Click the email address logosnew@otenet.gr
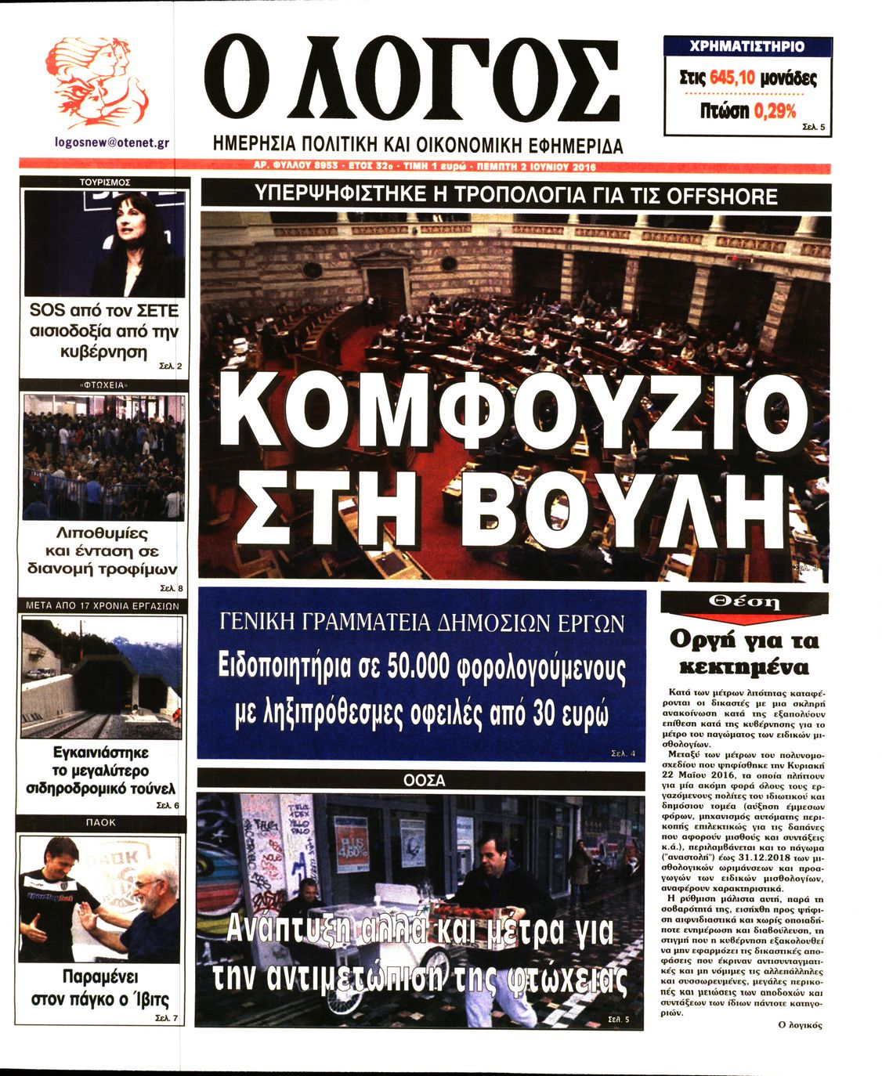pos(112,143)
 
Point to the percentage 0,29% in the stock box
pos(775,111)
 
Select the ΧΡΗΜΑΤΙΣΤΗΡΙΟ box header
pos(746,47)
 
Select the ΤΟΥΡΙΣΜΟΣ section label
pos(105,182)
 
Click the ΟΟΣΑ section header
pos(424,780)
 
